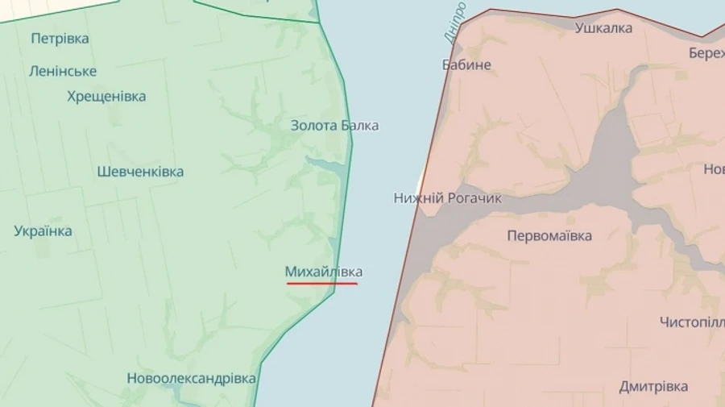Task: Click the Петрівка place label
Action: tap(60, 39)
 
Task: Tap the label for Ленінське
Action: tap(63, 71)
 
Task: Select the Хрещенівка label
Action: tap(106, 97)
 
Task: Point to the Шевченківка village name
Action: tap(140, 172)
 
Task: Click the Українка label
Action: tap(43, 231)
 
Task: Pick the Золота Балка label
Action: tap(334, 126)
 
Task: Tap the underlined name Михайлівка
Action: tap(323, 272)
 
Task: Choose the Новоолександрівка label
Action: tap(191, 378)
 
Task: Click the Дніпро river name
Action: tap(455, 23)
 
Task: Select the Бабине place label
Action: tap(466, 65)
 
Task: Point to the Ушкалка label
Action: tap(603, 28)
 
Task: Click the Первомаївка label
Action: tap(549, 236)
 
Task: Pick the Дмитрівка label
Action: tap(653, 387)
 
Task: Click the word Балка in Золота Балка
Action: tap(360, 126)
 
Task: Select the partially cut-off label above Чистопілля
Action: tap(714, 169)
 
